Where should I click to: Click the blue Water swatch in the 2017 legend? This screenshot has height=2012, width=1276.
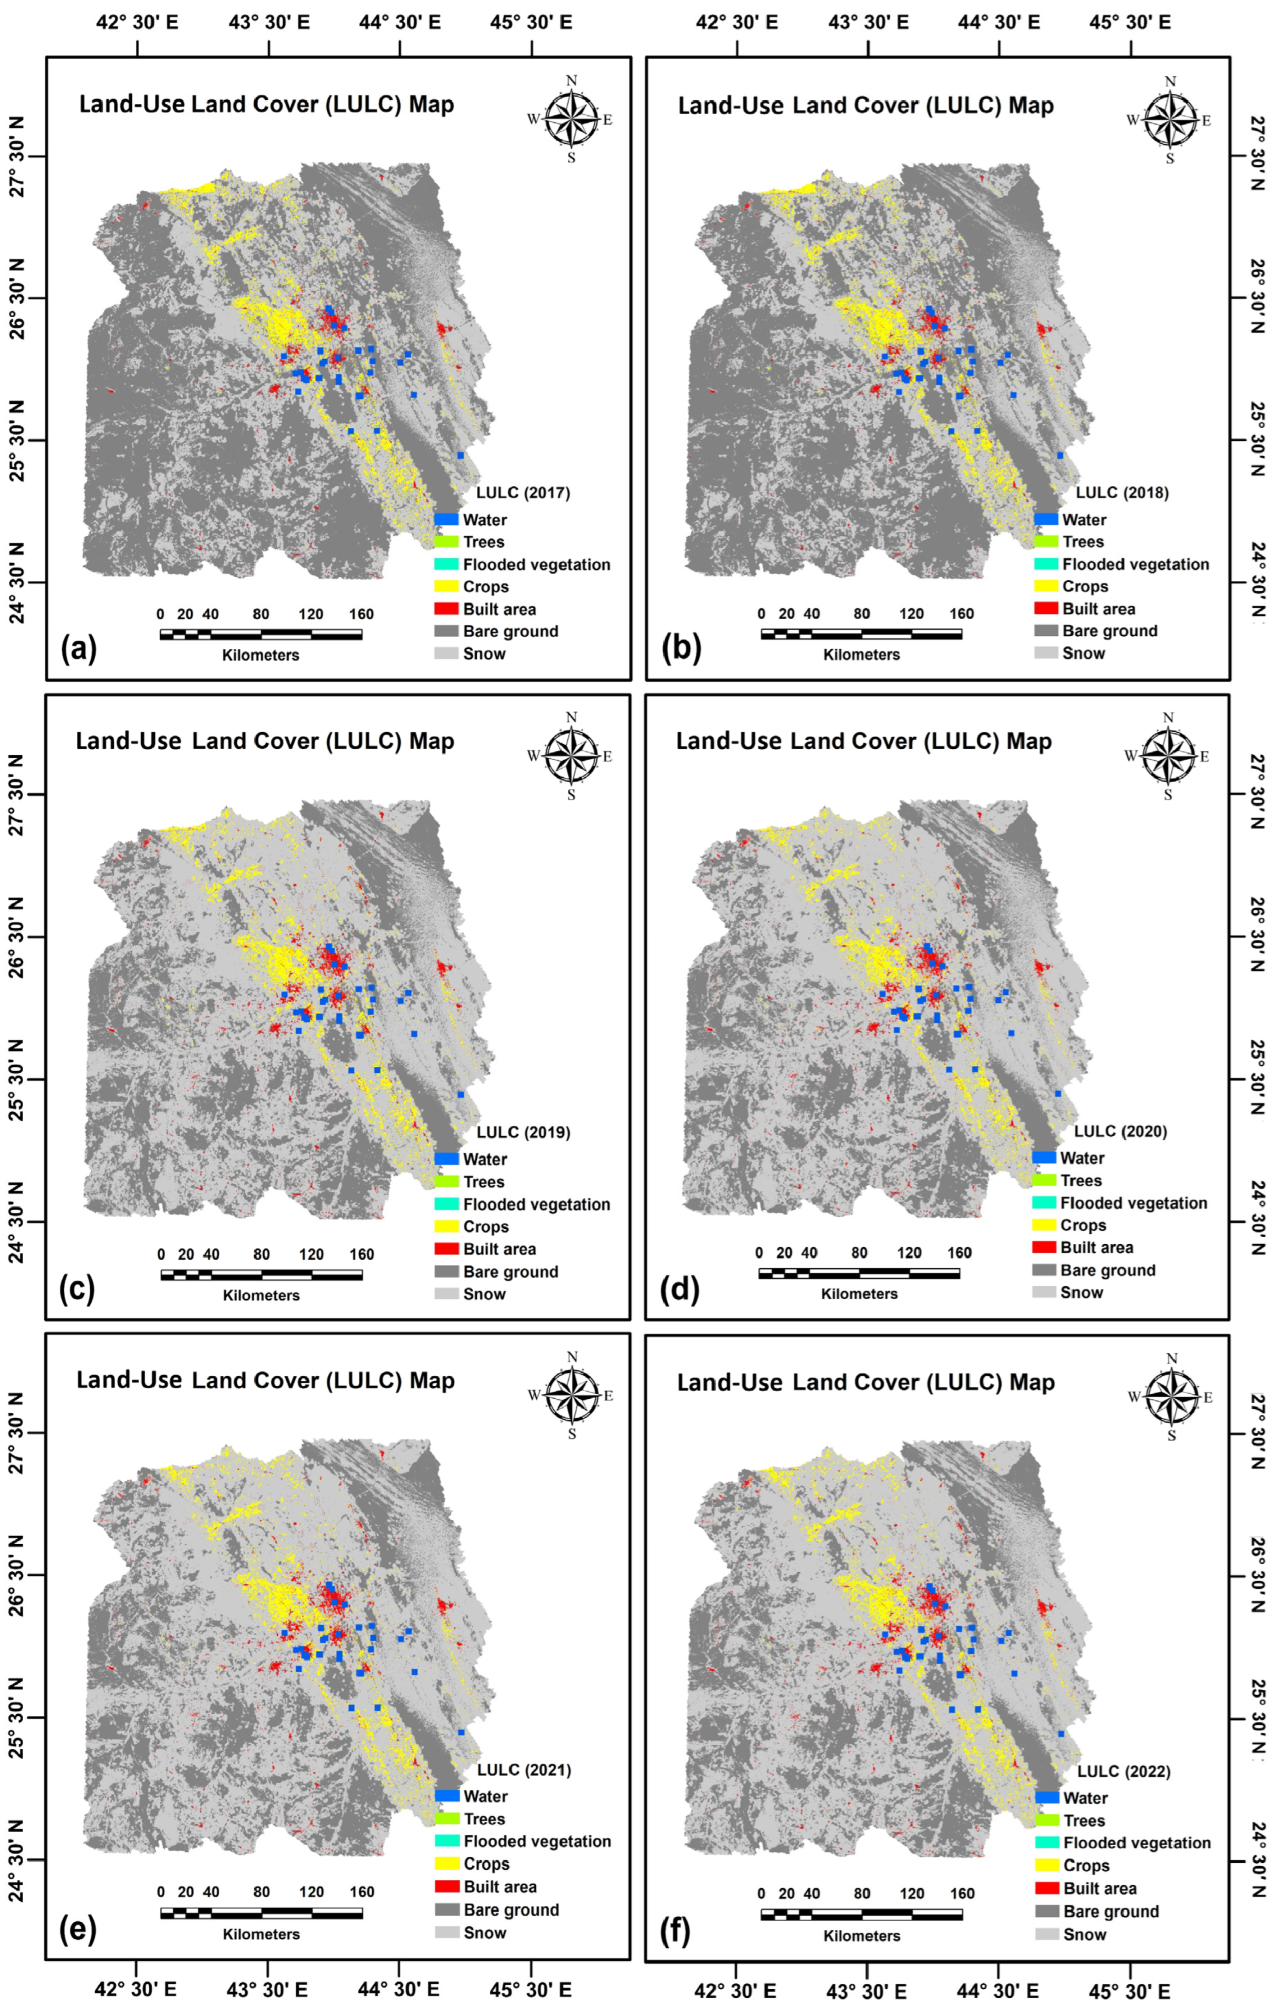click(x=446, y=519)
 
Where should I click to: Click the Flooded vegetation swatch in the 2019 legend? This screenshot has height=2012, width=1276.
click(x=446, y=1204)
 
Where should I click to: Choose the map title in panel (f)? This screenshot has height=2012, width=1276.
click(x=865, y=1383)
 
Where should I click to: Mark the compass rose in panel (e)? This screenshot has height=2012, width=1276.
click(x=573, y=1396)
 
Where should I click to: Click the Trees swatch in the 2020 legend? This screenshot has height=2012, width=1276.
click(x=1045, y=1181)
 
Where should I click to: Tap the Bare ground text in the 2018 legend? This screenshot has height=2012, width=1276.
click(x=1110, y=631)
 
